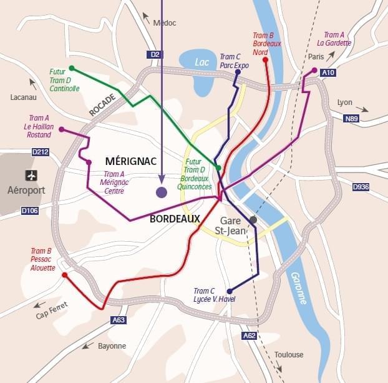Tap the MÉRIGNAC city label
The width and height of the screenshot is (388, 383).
130,161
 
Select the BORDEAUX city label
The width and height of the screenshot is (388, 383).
175,219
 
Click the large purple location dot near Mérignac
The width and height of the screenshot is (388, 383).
162,192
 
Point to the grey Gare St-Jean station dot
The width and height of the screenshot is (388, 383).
253,220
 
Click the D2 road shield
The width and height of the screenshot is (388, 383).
155,55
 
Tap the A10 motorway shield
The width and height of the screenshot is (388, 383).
328,73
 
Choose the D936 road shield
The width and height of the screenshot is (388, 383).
361,187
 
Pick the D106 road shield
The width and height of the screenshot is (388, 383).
30,211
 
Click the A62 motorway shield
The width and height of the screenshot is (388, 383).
249,336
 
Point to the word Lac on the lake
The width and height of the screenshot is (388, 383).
201,62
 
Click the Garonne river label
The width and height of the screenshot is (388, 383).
298,287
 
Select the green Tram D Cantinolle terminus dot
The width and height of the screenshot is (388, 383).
72,68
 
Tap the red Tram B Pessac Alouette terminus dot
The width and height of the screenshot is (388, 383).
64,274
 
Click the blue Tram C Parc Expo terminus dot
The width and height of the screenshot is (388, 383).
238,72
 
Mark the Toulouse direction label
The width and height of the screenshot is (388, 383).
289,355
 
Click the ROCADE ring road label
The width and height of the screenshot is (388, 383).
102,105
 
